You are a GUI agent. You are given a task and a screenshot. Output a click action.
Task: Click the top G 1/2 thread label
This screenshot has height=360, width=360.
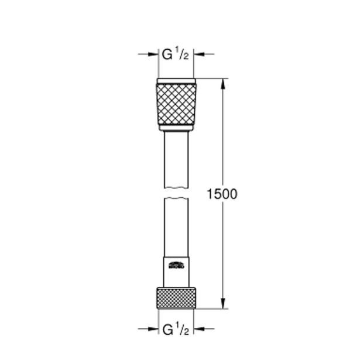click(175, 56)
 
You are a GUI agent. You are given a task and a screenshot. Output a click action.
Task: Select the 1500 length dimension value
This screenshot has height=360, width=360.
click(222, 194)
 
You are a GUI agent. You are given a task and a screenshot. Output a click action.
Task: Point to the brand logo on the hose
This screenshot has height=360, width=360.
click(176, 265)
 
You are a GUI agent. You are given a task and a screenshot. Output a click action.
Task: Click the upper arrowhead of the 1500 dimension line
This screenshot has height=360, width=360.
click(222, 84)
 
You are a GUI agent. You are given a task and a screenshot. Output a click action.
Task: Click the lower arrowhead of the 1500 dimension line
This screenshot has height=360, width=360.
click(222, 304)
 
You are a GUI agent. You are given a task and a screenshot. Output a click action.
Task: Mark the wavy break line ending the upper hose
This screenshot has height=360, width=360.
click(176, 187)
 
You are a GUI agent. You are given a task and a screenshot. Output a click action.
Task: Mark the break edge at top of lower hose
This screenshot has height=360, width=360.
click(176, 201)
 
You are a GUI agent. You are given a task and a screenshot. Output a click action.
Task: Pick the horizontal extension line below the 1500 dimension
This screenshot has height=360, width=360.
click(211, 308)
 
